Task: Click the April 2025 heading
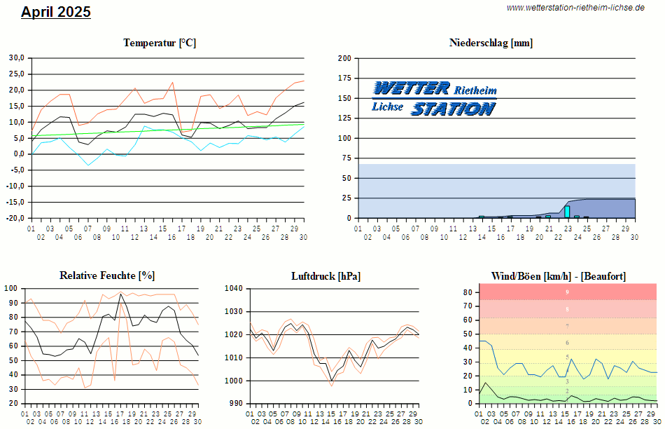click(56, 12)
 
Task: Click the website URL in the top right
click(575, 8)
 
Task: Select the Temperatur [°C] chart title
click(160, 43)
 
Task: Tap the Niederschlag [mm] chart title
click(491, 43)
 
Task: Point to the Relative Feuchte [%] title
click(107, 275)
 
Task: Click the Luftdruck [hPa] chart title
click(326, 276)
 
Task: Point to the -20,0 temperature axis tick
click(15, 218)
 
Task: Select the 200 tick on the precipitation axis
click(344, 58)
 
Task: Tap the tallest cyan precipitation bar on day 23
click(567, 212)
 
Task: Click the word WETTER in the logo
click(412, 88)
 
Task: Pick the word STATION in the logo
click(453, 109)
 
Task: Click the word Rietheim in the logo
click(475, 90)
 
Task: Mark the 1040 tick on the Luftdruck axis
click(233, 288)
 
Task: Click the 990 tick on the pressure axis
click(236, 404)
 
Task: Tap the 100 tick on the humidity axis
click(12, 288)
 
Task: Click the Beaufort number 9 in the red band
click(567, 292)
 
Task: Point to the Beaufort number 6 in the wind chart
click(567, 343)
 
